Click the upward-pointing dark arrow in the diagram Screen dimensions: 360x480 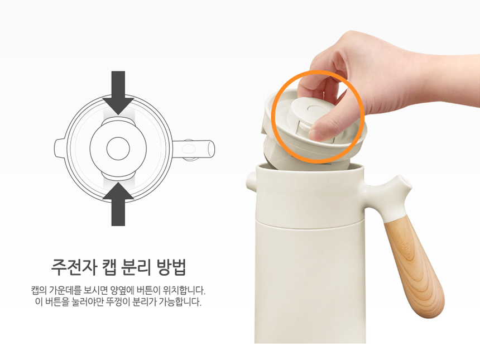pos(118,204)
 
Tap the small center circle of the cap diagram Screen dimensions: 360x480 pos(118,148)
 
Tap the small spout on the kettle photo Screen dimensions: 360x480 pos(251,180)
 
